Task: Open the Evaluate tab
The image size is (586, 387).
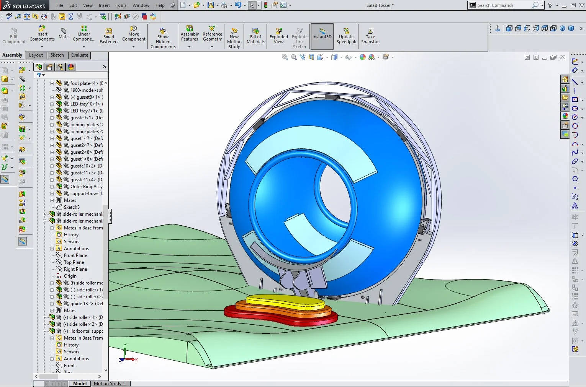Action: [x=80, y=55]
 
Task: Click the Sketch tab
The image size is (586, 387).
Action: [x=57, y=55]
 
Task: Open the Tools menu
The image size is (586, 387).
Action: [x=121, y=5]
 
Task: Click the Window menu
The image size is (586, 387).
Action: [x=141, y=5]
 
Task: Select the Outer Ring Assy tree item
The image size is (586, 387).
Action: [x=86, y=187]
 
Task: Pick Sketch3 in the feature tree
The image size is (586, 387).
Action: [x=72, y=207]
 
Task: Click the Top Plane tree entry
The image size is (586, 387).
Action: [x=74, y=262]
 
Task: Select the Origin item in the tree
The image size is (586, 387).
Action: [x=70, y=276]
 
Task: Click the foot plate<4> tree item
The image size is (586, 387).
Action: [x=84, y=83]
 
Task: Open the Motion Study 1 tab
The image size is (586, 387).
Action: [x=109, y=384]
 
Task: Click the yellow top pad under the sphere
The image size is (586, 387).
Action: [x=285, y=300]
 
